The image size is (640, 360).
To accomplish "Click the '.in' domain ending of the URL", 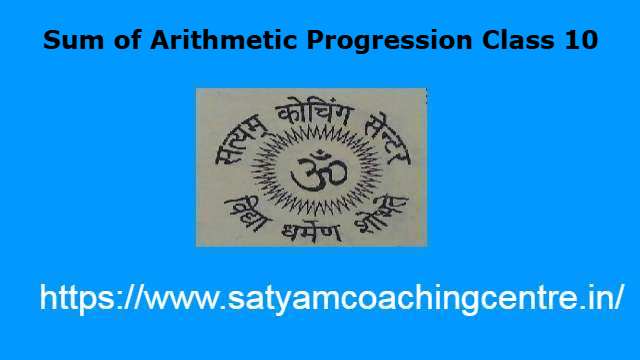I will point(598,297).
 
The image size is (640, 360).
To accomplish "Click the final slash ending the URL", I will point(621,297).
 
